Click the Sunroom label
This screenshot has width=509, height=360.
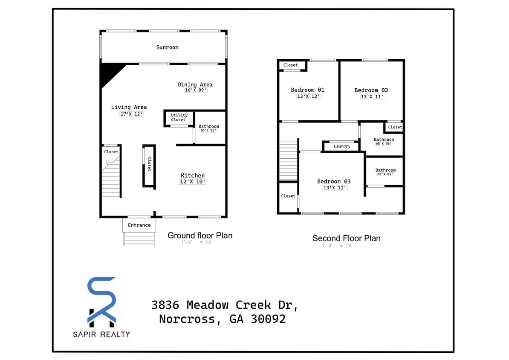point(167,47)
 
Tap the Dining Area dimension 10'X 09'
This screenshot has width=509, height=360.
point(195,90)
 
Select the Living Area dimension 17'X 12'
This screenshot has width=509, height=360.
point(131,114)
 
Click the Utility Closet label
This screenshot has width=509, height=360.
point(179,117)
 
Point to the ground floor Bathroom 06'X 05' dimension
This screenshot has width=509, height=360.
point(208,131)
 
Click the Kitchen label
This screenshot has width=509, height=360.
point(193,175)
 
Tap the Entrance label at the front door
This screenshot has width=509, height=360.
point(139,225)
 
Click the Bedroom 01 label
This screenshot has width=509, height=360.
point(307,90)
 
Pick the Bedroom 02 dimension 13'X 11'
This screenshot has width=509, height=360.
point(372,96)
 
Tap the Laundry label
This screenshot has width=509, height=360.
point(342,146)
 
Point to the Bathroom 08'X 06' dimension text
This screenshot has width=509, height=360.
point(383,144)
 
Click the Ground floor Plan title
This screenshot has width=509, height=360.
point(200,235)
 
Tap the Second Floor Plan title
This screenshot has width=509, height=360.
point(346,238)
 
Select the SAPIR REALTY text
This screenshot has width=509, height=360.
point(101,334)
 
